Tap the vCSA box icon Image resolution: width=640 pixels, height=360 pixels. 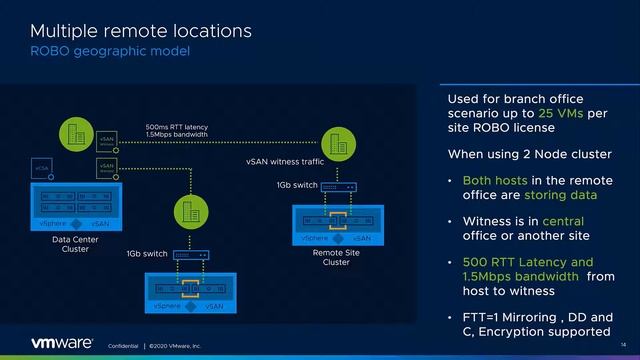(x=41, y=167)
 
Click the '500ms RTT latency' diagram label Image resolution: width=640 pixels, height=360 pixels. (x=177, y=127)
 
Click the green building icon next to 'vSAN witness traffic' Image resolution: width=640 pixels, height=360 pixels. (x=333, y=141)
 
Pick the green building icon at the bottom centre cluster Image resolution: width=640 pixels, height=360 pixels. (x=186, y=211)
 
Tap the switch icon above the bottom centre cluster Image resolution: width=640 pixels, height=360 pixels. (x=190, y=255)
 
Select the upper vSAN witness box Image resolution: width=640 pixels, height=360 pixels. (x=107, y=143)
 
